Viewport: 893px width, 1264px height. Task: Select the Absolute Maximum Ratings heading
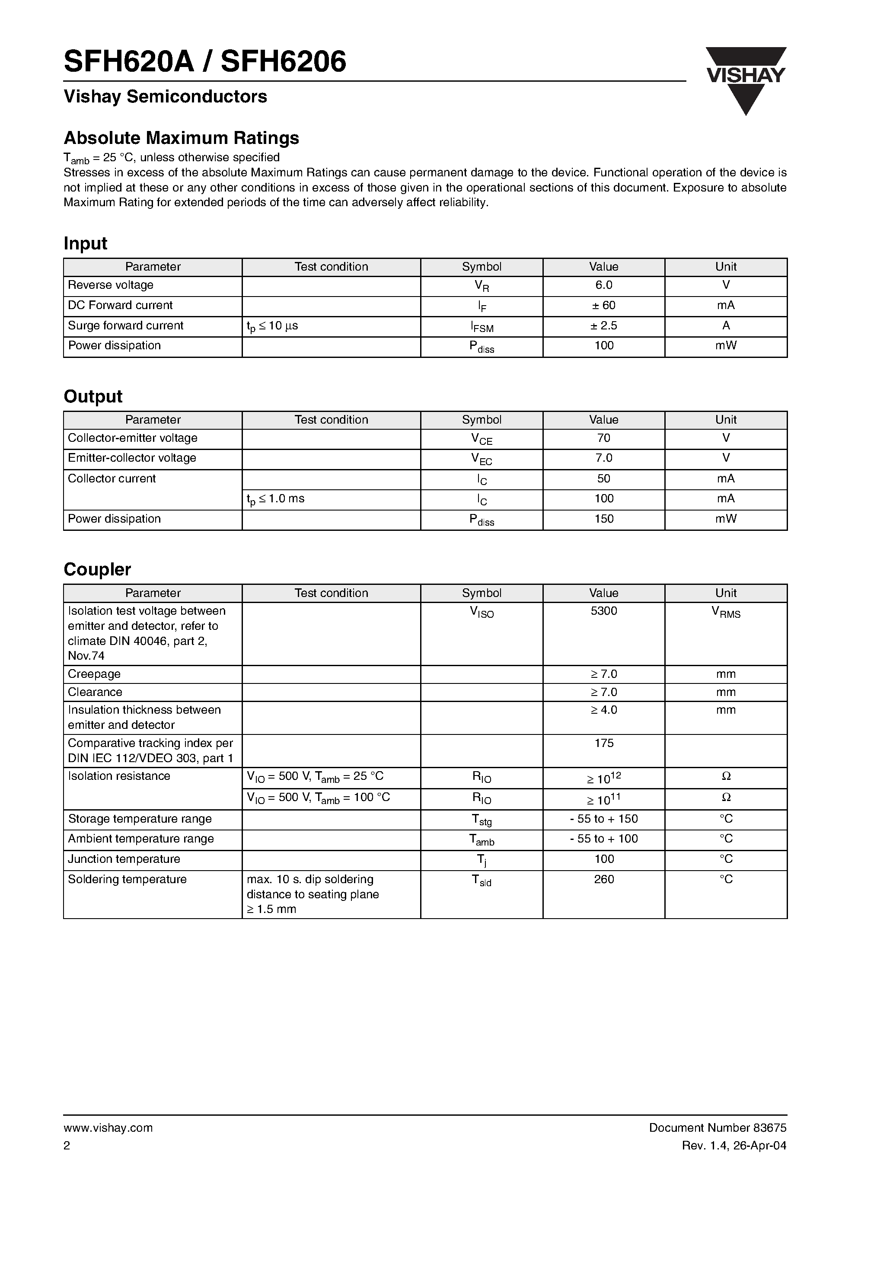pyautogui.click(x=181, y=137)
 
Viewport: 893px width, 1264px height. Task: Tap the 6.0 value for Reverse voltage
pyautogui.click(x=603, y=285)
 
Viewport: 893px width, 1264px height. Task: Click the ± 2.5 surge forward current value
pyautogui.click(x=603, y=326)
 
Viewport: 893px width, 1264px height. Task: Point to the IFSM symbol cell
pyautogui.click(x=482, y=327)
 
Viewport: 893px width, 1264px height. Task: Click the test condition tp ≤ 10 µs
pyautogui.click(x=272, y=326)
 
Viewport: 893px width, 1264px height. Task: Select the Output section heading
pyautogui.click(x=92, y=396)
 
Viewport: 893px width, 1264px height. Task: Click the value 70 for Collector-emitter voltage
pyautogui.click(x=603, y=438)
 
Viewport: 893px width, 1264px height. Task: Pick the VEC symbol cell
pyautogui.click(x=482, y=459)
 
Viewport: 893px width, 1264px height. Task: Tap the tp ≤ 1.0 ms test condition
pyautogui.click(x=275, y=499)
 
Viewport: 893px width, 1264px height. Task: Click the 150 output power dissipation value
pyautogui.click(x=603, y=519)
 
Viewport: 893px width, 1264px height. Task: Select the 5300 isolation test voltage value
pyautogui.click(x=603, y=611)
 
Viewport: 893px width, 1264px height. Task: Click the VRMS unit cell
pyautogui.click(x=726, y=612)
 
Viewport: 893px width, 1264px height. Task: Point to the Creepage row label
pyautogui.click(x=94, y=674)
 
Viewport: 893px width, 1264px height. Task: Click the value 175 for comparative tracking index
pyautogui.click(x=603, y=743)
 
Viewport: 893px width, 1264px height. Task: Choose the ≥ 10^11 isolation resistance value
pyautogui.click(x=603, y=799)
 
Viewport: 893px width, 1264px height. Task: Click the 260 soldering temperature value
pyautogui.click(x=603, y=880)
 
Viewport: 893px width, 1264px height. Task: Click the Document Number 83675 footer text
pyautogui.click(x=718, y=1128)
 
